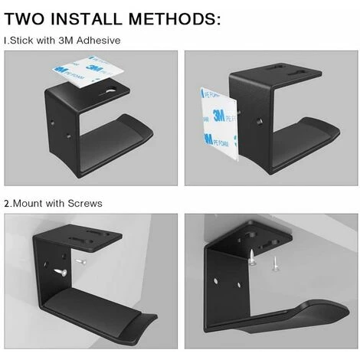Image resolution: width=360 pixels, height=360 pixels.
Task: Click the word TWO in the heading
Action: [25, 18]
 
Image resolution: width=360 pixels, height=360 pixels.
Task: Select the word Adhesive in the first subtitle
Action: [99, 41]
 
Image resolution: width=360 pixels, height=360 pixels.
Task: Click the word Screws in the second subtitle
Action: [85, 204]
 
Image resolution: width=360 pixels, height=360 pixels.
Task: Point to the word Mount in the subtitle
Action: [28, 204]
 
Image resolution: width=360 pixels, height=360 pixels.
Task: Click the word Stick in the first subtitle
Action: [21, 41]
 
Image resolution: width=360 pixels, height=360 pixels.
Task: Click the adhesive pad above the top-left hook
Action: [88, 71]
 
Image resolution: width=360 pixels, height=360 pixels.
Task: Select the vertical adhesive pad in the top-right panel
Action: [220, 123]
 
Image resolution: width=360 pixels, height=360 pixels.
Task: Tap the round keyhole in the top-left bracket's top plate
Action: [111, 90]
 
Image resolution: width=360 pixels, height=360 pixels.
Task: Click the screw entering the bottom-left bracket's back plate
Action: [61, 272]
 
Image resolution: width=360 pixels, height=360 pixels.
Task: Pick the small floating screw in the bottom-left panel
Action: [80, 262]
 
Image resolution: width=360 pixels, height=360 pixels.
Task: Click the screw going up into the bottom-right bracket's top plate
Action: [252, 258]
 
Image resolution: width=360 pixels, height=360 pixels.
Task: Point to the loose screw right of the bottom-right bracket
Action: [275, 263]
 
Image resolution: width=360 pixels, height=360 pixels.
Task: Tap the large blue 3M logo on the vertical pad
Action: [219, 116]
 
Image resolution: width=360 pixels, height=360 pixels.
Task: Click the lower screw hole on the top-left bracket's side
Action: [69, 136]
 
